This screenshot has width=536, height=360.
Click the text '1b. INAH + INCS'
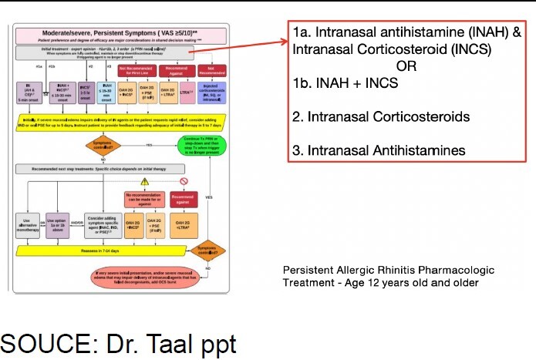pos(346,83)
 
